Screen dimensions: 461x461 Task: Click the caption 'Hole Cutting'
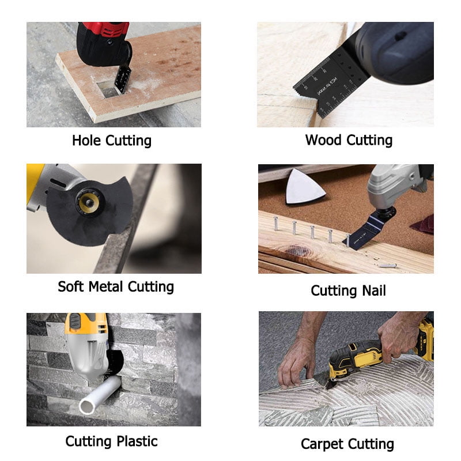point(112,140)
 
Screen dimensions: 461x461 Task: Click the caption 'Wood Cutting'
point(349,140)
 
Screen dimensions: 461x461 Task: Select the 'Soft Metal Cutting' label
point(116,286)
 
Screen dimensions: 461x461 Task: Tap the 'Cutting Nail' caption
point(348,290)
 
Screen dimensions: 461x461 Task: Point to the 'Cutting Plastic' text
point(111,441)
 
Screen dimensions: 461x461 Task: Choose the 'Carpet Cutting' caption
point(347,444)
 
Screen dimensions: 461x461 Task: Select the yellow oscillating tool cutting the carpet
point(354,357)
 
